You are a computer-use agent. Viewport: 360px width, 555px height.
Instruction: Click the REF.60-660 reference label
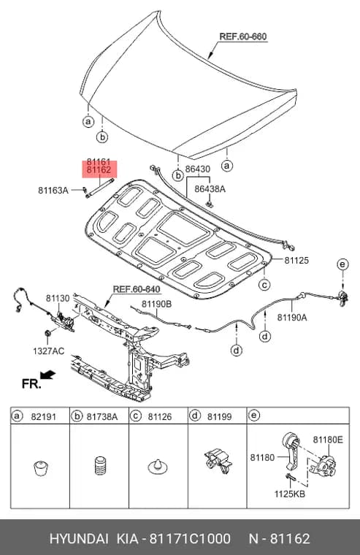(243, 37)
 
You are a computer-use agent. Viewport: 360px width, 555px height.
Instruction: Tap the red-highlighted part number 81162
(99, 170)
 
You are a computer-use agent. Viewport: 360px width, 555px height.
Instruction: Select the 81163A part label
(53, 191)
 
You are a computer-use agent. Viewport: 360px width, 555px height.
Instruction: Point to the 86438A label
(210, 189)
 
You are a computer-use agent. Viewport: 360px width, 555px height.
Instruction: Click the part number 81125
(296, 261)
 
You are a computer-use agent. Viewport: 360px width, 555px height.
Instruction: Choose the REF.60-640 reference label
(137, 289)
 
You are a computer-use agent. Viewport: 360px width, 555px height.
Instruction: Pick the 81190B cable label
(157, 304)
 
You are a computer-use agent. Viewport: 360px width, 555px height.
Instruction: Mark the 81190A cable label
(292, 318)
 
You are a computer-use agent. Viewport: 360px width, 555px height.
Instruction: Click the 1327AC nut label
(48, 351)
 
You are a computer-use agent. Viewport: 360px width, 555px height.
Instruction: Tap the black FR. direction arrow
(47, 375)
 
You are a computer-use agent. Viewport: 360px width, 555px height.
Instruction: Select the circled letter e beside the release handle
(342, 264)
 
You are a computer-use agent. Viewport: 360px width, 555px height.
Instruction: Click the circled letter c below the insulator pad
(264, 285)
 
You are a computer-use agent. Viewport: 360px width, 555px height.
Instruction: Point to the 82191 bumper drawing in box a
(41, 468)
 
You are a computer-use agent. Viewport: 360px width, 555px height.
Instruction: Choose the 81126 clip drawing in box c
(158, 467)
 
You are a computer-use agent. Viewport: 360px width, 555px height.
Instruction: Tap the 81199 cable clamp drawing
(218, 462)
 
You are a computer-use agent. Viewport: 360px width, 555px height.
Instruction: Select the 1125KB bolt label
(290, 494)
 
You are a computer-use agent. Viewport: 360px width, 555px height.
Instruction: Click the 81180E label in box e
(328, 440)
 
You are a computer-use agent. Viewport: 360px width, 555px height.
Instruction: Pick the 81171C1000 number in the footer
(190, 539)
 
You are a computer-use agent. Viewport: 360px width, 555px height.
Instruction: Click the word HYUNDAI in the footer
(79, 539)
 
